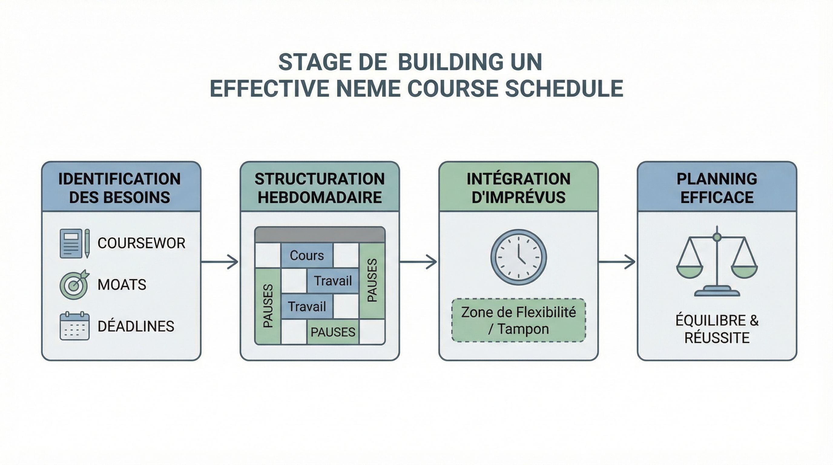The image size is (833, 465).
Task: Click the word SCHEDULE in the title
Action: (x=564, y=88)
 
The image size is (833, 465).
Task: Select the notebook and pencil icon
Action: (x=74, y=243)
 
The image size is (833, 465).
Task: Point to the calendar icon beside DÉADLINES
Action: (x=74, y=326)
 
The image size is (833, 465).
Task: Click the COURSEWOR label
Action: (x=141, y=243)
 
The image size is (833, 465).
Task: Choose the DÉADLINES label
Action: (x=136, y=326)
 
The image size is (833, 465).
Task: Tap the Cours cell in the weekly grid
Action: (x=307, y=256)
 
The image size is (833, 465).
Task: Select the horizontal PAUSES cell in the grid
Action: (x=333, y=332)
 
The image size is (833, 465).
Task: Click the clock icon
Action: (x=519, y=257)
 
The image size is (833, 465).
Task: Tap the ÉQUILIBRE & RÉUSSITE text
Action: (x=717, y=329)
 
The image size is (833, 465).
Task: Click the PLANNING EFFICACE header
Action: (x=717, y=188)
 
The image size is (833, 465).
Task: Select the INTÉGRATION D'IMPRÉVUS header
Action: (x=519, y=188)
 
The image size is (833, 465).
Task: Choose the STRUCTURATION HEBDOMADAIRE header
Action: (x=320, y=188)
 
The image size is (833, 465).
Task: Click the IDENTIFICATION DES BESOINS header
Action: (x=120, y=188)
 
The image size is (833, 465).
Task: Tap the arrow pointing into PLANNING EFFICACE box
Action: (x=617, y=262)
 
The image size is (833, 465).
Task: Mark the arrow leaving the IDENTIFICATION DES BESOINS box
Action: (x=220, y=262)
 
